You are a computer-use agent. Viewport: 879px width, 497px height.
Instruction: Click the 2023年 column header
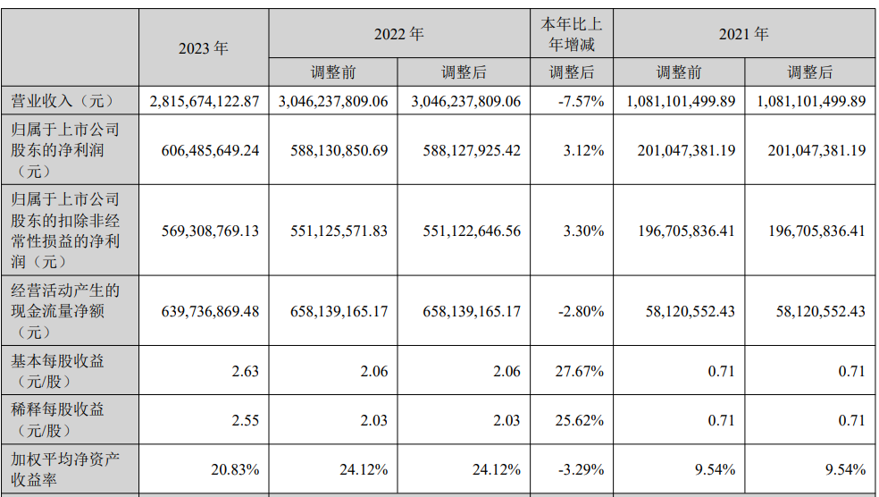[204, 48]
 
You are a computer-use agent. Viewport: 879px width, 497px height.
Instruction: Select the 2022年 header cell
[398, 34]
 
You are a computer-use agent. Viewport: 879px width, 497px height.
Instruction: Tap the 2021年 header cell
[744, 34]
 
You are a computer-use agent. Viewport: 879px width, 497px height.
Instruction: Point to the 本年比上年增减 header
[572, 34]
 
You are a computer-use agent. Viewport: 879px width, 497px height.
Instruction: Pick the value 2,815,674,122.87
[205, 101]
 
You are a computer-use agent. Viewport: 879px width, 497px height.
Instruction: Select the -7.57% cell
[581, 101]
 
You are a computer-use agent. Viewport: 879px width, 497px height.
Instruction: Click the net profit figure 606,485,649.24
[205, 150]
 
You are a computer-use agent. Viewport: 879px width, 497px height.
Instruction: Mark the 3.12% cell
[584, 150]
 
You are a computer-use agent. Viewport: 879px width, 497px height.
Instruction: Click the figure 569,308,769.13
[205, 231]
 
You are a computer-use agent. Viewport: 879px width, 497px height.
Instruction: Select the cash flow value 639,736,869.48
[205, 311]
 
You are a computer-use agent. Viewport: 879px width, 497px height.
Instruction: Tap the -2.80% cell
[581, 311]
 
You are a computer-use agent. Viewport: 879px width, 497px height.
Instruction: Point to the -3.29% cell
[581, 468]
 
